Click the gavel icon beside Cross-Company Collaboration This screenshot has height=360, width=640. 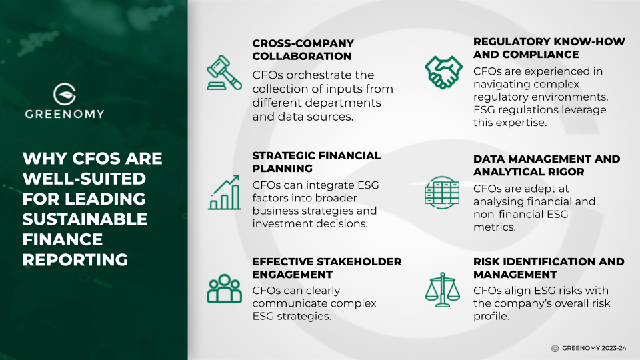coord(224,73)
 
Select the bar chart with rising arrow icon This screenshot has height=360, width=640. coord(224,193)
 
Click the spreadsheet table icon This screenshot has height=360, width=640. coord(441,192)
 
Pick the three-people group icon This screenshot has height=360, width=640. coord(224,288)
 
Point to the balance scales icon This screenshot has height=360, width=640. coord(441,288)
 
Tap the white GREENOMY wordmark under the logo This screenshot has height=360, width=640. coord(65,114)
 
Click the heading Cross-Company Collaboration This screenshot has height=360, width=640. coord(302,50)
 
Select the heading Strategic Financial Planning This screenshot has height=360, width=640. coord(317,162)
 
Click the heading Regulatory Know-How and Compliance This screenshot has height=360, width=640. coord(549,48)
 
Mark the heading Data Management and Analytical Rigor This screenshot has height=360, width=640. coord(547,166)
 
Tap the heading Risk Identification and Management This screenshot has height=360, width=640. coord(549,268)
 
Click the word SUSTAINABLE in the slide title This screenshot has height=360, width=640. coord(85,219)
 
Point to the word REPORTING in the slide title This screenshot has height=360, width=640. coord(75,259)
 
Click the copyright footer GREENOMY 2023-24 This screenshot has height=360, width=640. coord(594,348)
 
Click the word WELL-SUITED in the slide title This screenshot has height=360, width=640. coord(84,179)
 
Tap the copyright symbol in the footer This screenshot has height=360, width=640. coord(555,348)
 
